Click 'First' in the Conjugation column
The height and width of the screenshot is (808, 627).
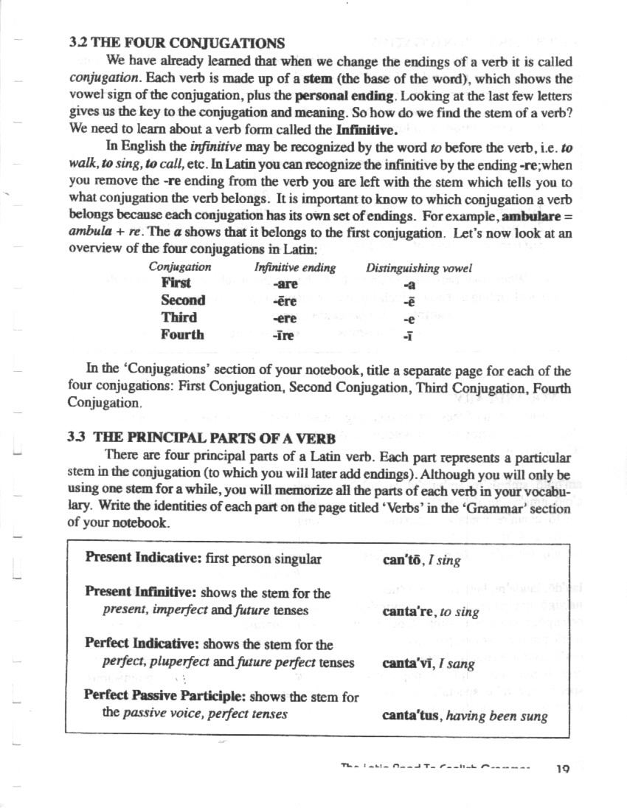click(176, 283)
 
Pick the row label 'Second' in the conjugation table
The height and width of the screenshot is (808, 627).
click(183, 300)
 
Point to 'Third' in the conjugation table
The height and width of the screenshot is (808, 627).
click(179, 318)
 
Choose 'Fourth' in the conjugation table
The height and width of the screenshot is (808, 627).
click(182, 335)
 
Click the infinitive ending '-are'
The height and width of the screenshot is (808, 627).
click(285, 283)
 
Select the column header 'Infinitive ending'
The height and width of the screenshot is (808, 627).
click(295, 267)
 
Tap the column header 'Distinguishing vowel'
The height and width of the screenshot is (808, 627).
click(419, 267)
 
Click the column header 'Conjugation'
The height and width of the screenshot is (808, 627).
click(180, 267)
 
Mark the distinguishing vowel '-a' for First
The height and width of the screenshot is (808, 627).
click(410, 284)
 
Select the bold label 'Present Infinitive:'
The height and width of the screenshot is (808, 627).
click(142, 593)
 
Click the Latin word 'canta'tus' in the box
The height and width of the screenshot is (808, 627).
click(412, 715)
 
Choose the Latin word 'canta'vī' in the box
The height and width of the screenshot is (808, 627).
click(407, 663)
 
